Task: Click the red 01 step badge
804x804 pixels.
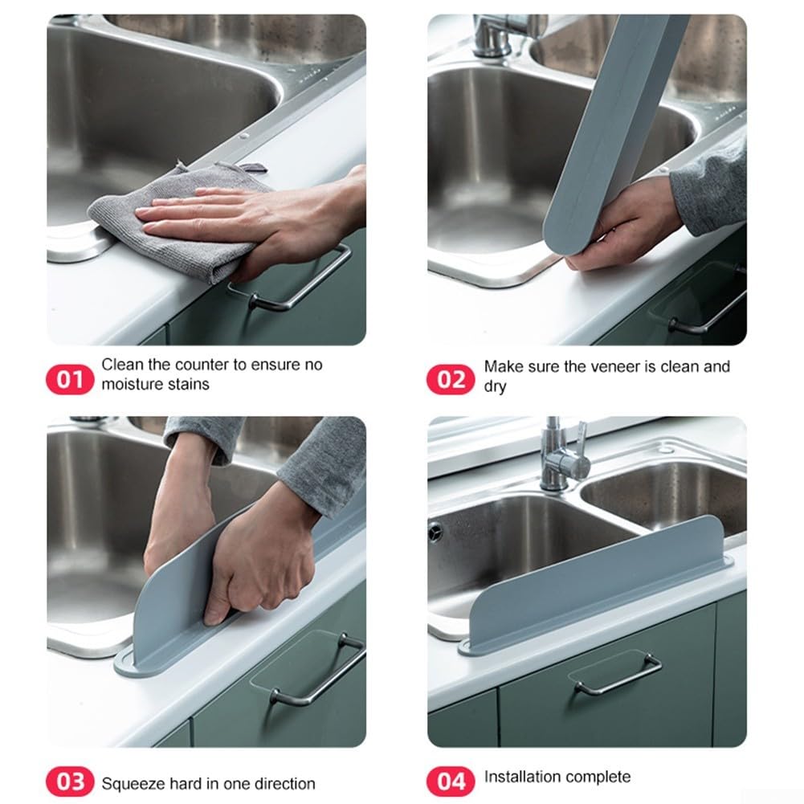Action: (x=71, y=378)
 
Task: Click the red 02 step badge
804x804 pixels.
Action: (x=451, y=378)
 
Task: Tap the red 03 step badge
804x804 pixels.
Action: (x=71, y=782)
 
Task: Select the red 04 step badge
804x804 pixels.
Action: (x=451, y=780)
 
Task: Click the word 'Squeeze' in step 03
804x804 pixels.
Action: (x=129, y=783)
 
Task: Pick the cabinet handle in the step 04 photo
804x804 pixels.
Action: (x=618, y=675)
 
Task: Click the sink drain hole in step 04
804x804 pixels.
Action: (x=435, y=531)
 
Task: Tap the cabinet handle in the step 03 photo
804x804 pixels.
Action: (x=317, y=671)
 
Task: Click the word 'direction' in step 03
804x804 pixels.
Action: (x=284, y=783)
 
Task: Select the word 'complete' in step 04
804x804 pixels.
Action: (x=598, y=777)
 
